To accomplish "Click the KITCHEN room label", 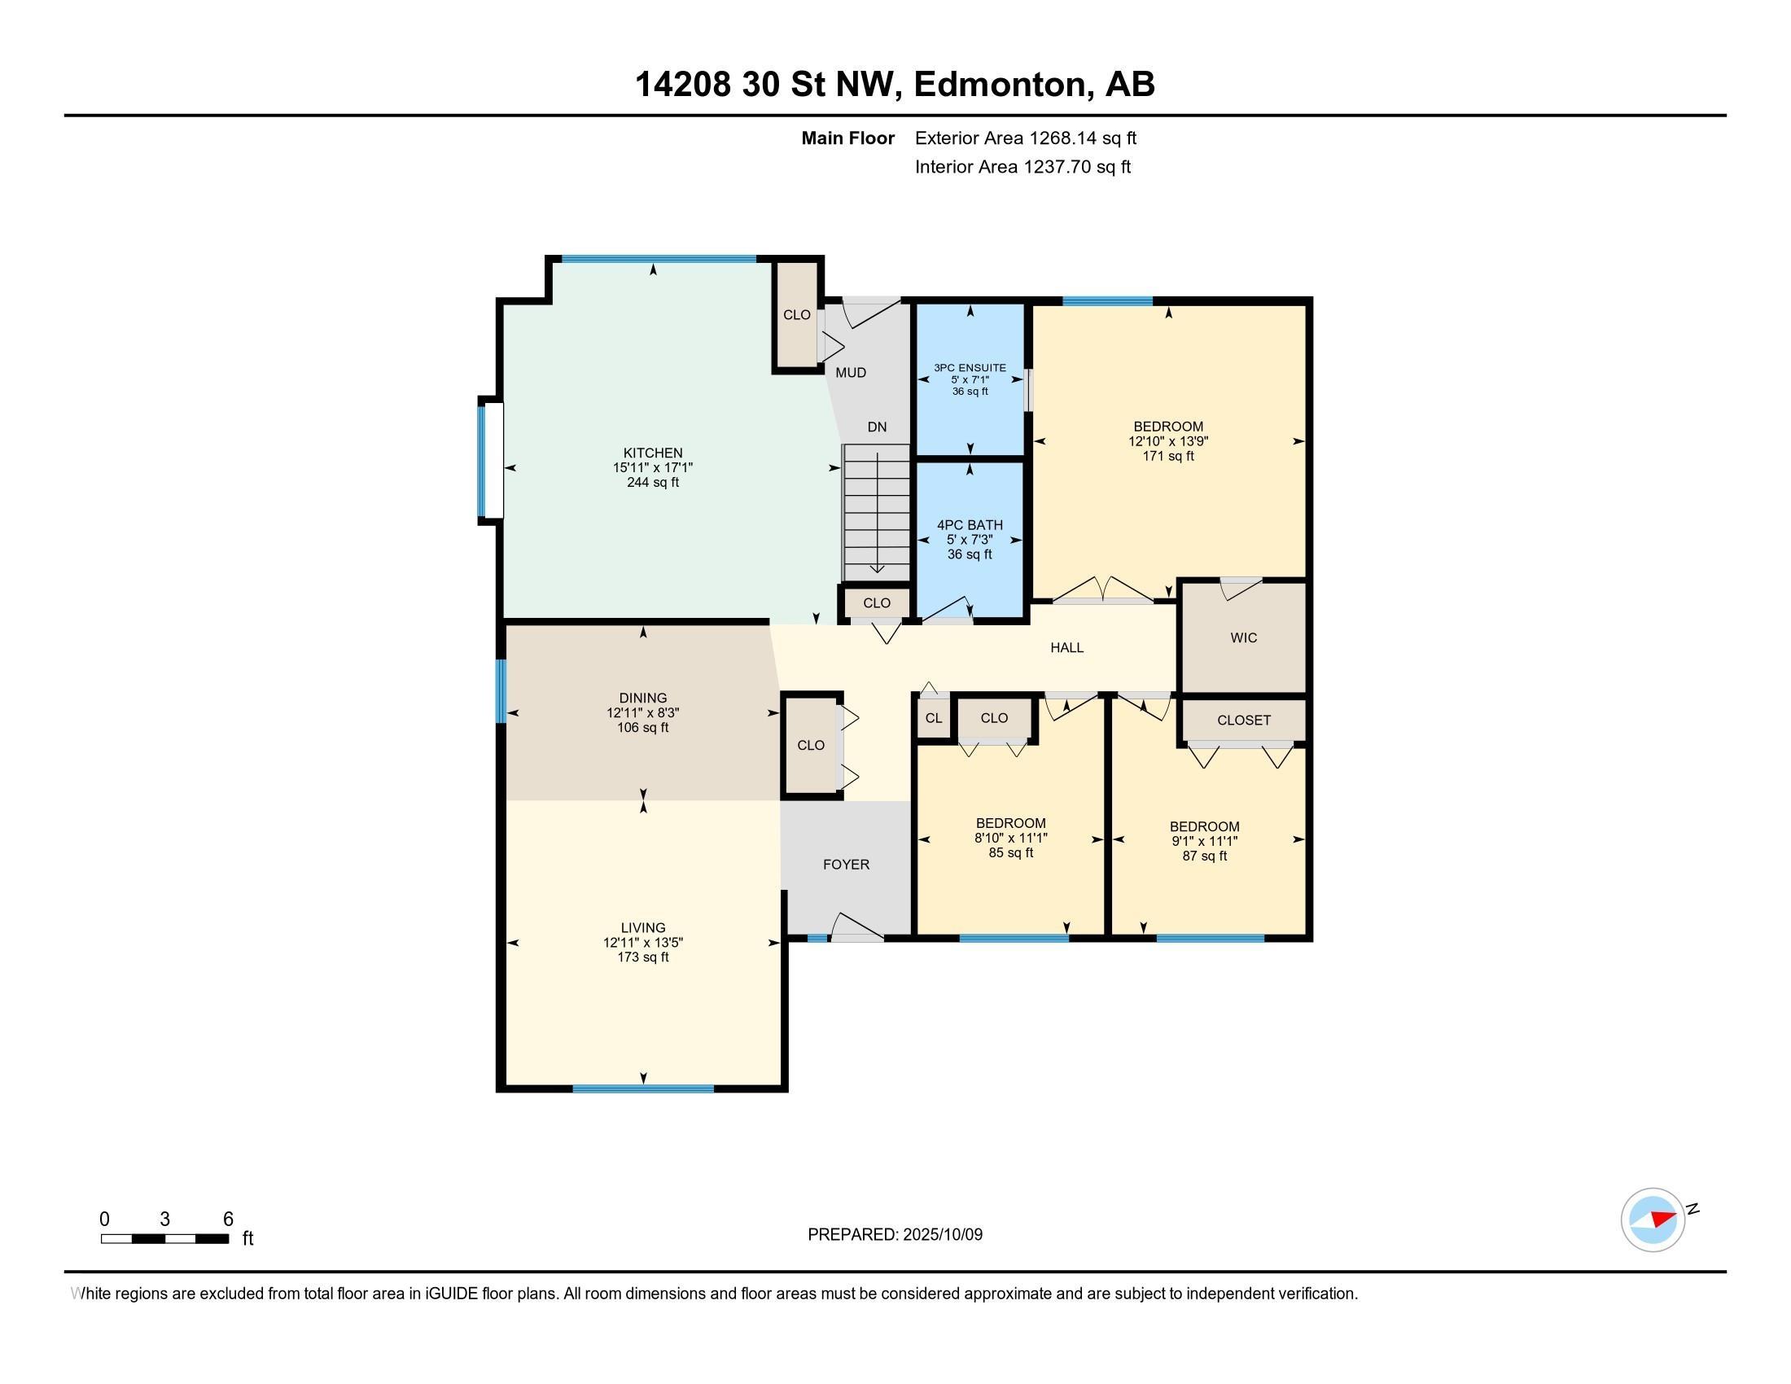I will pyautogui.click(x=653, y=453).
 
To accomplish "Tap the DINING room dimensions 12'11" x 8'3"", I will pyautogui.click(x=643, y=713).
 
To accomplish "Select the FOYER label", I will pyautogui.click(x=847, y=865).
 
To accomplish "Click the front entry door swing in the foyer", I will pyautogui.click(x=856, y=926).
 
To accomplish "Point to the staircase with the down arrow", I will pyautogui.click(x=877, y=512).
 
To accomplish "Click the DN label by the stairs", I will pyautogui.click(x=877, y=427).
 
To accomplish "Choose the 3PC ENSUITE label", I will pyautogui.click(x=970, y=368).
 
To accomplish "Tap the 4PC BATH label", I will pyautogui.click(x=970, y=526).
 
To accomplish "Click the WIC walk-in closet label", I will pyautogui.click(x=1243, y=638).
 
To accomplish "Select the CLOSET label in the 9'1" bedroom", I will pyautogui.click(x=1243, y=720).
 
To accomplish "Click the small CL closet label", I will pyautogui.click(x=933, y=718).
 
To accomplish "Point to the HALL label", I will pyautogui.click(x=1067, y=648).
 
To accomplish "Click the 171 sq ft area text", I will pyautogui.click(x=1167, y=456).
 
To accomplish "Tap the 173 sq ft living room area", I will pyautogui.click(x=643, y=957).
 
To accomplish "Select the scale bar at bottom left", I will pyautogui.click(x=164, y=1239).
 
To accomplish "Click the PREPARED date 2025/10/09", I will pyautogui.click(x=895, y=1235).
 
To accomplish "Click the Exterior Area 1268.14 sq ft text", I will pyautogui.click(x=1025, y=138).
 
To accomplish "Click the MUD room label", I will pyautogui.click(x=851, y=373).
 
